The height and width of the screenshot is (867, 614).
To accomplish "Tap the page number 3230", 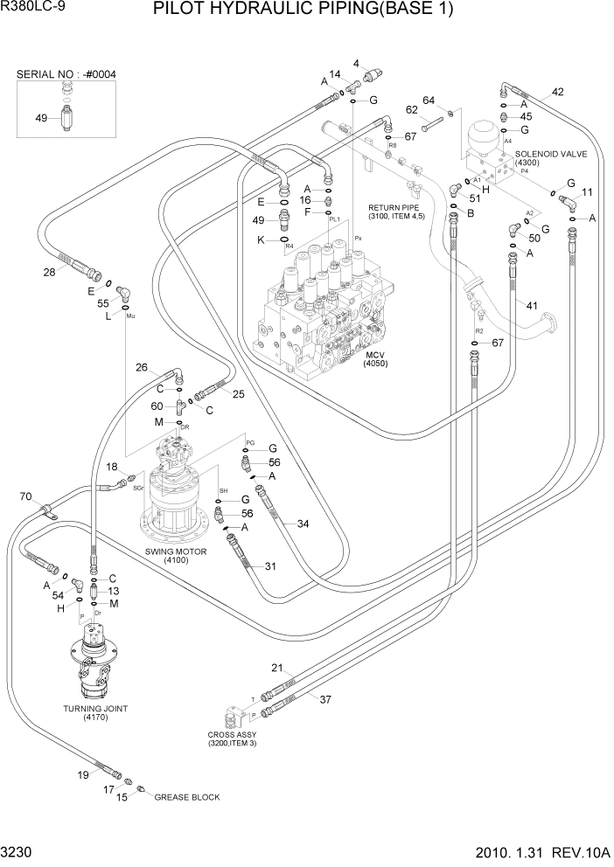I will click(x=17, y=851).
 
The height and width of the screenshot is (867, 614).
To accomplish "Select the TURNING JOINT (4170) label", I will click(x=96, y=712).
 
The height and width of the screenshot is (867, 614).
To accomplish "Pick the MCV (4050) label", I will click(x=376, y=357).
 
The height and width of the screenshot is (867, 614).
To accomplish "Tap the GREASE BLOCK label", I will click(x=187, y=797).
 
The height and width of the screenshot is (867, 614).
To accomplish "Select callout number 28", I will click(x=50, y=273).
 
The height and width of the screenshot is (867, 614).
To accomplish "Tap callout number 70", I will click(x=25, y=497).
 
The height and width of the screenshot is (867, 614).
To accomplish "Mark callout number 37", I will click(x=324, y=698).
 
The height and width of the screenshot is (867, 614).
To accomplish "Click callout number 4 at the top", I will click(x=356, y=63).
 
